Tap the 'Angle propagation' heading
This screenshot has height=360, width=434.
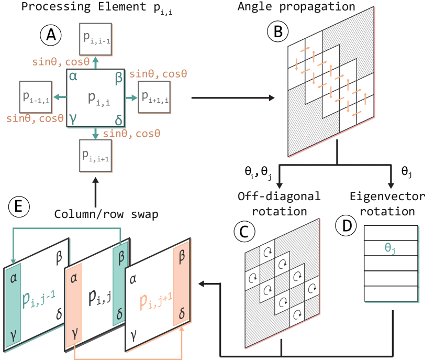(x=296, y=7)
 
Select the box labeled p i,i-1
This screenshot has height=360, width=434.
(x=95, y=38)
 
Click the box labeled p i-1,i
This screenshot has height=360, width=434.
(x=36, y=97)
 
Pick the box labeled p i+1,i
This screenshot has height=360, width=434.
(x=154, y=97)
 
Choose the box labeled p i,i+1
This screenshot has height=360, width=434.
(x=95, y=156)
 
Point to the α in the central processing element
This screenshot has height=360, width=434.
(x=73, y=77)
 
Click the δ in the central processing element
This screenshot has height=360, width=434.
(x=118, y=121)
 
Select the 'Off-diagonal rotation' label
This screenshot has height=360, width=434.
(x=279, y=204)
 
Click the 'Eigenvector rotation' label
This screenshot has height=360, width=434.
(x=387, y=204)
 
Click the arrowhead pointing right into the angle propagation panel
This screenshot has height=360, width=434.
(x=272, y=98)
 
